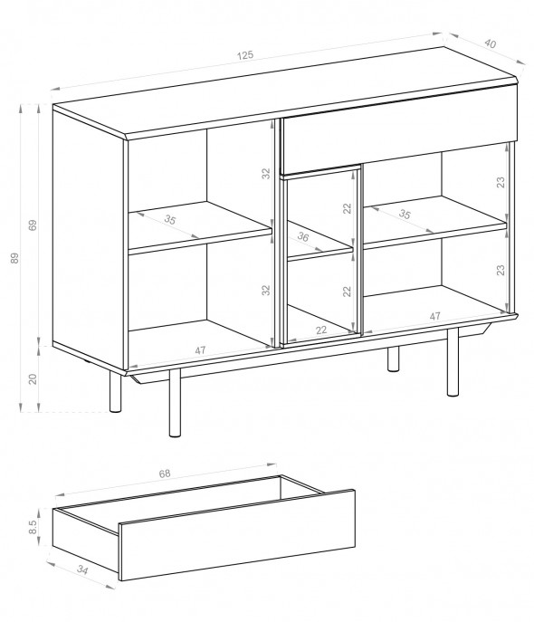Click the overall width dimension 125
coord(245,55)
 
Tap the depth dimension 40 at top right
coord(490,43)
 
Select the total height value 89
coord(14,258)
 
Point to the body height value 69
coord(33,225)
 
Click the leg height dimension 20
coord(33,378)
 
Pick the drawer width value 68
coord(165,474)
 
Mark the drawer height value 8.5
coord(33,527)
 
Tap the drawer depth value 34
coord(82,570)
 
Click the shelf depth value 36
coord(303,237)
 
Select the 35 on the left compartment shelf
coord(169,219)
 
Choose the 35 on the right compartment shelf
coord(405,215)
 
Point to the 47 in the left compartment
coord(200,350)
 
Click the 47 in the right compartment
coord(434,316)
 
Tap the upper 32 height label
coord(266,173)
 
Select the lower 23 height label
coord(501,270)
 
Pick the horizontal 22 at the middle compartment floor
coord(321,330)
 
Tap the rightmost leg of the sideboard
coord(453,362)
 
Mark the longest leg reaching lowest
coord(175,403)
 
